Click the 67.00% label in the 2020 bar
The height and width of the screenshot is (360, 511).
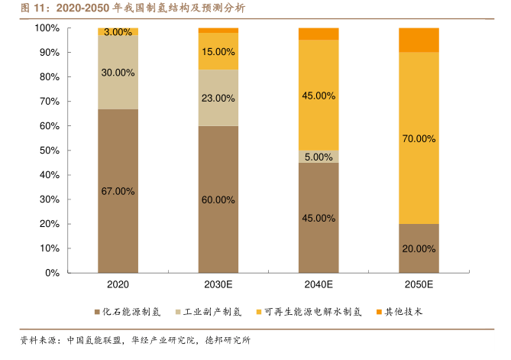tap(118, 191)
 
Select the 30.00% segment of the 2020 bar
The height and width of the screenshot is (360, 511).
tap(118, 73)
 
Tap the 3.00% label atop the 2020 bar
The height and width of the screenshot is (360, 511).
tap(118, 32)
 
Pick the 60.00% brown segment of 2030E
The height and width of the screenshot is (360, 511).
tap(218, 199)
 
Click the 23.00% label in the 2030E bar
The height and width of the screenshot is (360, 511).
tap(218, 98)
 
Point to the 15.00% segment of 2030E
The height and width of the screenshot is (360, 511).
tap(218, 52)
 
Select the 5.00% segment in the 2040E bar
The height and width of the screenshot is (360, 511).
tap(319, 157)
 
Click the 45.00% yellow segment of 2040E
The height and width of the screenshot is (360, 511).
tap(319, 96)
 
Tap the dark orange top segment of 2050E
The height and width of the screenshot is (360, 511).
tap(419, 40)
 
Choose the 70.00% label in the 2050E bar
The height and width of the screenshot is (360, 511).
tap(419, 138)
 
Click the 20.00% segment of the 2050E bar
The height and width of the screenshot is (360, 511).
tap(419, 248)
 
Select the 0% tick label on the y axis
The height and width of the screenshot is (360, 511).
tap(51, 273)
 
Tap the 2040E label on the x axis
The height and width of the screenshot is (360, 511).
tap(319, 285)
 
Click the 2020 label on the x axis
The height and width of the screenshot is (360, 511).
tap(118, 285)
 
